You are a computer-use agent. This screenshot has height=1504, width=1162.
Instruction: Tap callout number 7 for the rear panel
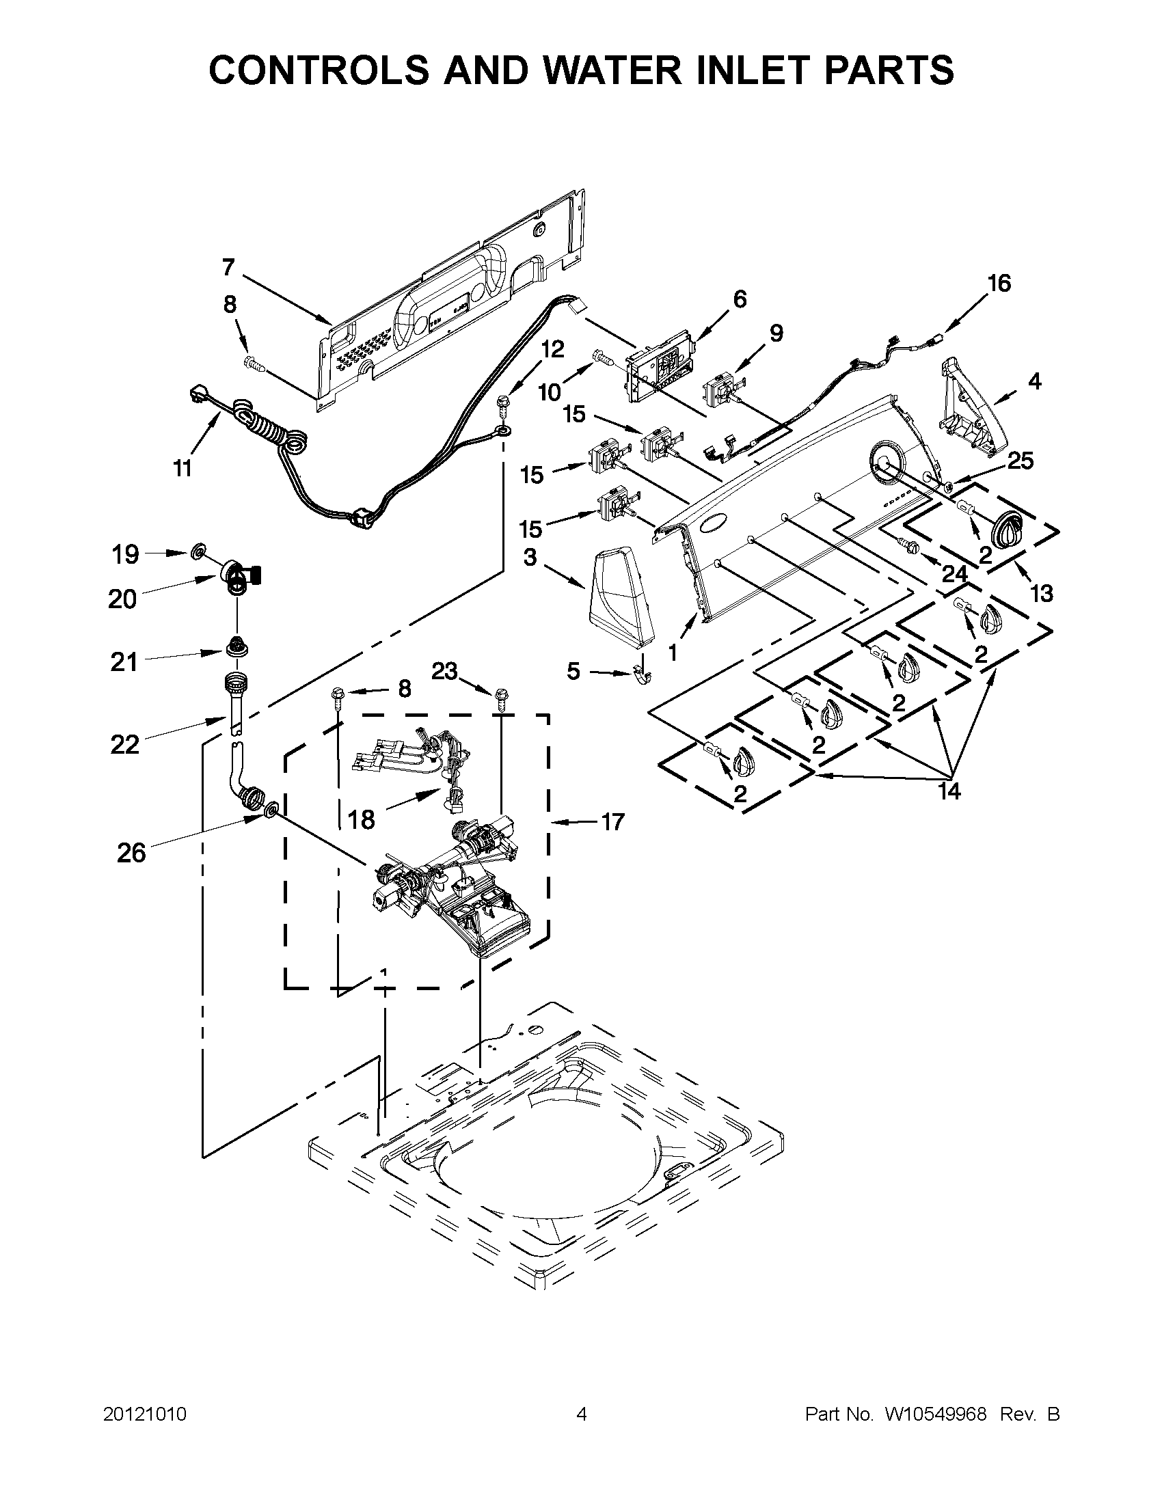click(x=229, y=267)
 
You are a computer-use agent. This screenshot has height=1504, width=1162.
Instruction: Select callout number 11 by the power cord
click(x=182, y=469)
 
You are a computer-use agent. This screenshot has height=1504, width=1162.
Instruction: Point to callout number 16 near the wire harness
click(x=999, y=283)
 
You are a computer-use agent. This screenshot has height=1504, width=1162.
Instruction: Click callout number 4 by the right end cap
click(x=1035, y=381)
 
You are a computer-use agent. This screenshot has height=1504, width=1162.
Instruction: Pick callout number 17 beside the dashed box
click(x=612, y=821)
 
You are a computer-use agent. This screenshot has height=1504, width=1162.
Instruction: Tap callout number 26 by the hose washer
click(x=131, y=853)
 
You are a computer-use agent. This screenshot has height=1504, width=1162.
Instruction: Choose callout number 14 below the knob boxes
click(x=949, y=791)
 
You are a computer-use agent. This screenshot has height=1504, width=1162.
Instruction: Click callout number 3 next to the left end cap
click(x=530, y=558)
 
